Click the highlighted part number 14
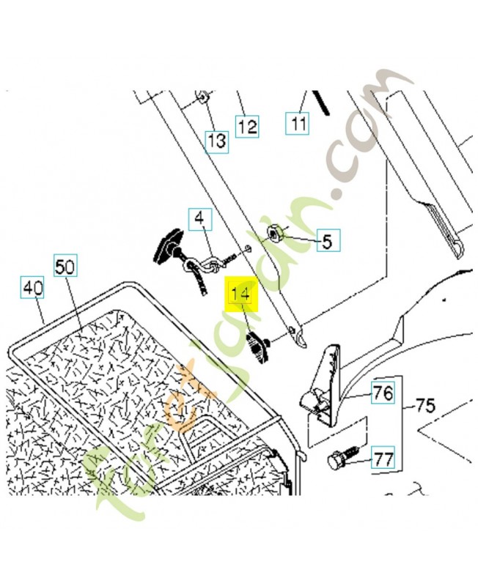coord(241,295)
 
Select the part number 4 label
coord(199,218)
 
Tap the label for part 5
coord(327,240)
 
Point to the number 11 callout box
coord(297,124)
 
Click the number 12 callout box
coord(247,126)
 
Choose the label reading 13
coord(216,141)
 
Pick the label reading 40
coord(32,289)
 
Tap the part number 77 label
coord(383,459)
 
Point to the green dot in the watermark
coord(337,196)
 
